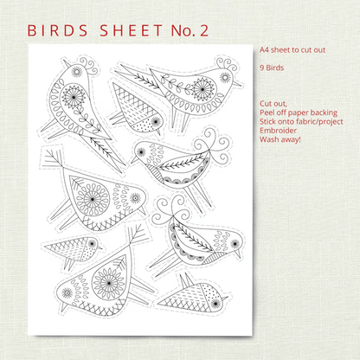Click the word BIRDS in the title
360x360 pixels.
(x=57, y=30)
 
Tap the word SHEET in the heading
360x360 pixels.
(x=132, y=30)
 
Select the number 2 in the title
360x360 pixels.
(x=203, y=30)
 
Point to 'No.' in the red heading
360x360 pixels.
(x=183, y=30)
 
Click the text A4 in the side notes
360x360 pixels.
(x=264, y=50)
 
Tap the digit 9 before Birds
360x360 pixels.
(x=261, y=67)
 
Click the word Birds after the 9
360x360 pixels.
(x=274, y=67)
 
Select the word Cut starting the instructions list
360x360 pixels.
(x=265, y=104)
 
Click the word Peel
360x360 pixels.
(x=267, y=112)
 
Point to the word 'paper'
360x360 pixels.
(x=298, y=113)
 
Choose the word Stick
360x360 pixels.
(x=267, y=121)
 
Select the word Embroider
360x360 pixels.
(x=278, y=131)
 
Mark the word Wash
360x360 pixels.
(x=267, y=139)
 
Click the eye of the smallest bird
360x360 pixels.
(x=92, y=244)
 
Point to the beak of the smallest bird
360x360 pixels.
(x=100, y=247)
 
